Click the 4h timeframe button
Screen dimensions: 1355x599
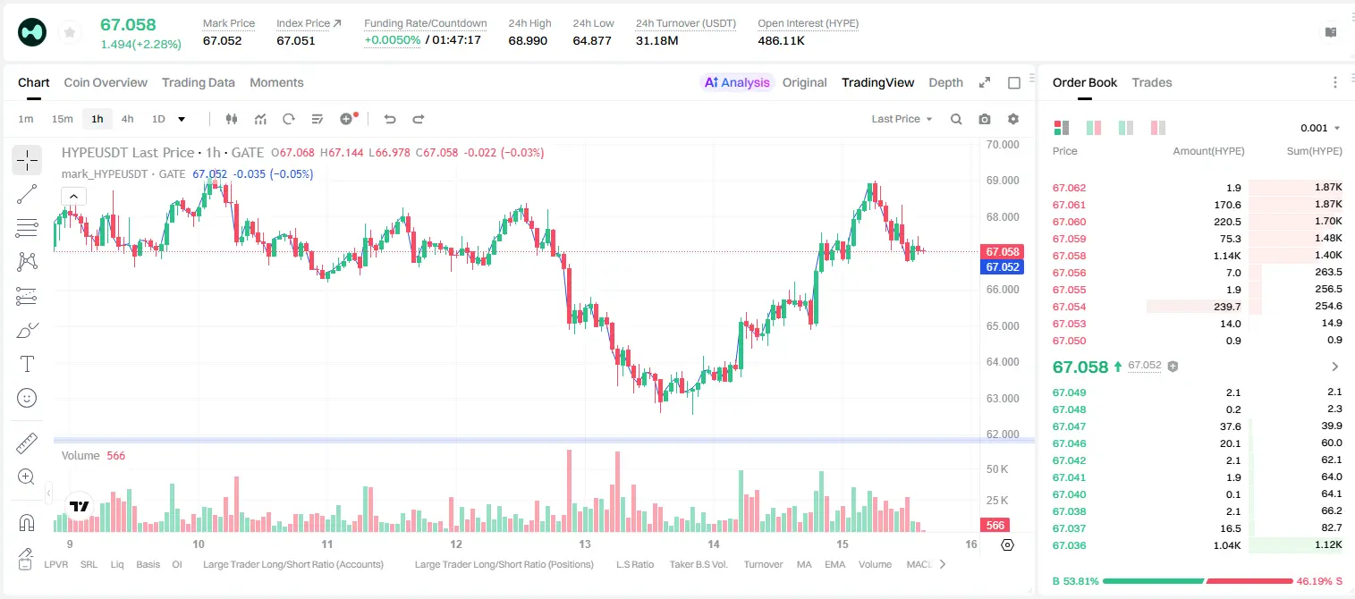[x=127, y=119]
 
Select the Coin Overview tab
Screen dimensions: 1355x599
[x=106, y=82]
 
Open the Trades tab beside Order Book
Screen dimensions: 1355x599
[x=1152, y=82]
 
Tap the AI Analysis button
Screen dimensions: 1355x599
[x=737, y=82]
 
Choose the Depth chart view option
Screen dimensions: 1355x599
[x=945, y=82]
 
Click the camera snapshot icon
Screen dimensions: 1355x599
[x=985, y=119]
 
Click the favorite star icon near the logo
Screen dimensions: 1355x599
[x=70, y=32]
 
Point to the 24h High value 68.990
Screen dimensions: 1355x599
[x=528, y=40]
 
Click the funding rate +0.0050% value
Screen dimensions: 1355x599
[x=392, y=40]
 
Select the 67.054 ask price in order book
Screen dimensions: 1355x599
[x=1069, y=307]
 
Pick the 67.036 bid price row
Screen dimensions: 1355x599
[x=1069, y=545]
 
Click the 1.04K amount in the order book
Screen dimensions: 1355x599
[x=1227, y=545]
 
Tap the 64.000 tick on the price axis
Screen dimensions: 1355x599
[x=1003, y=362]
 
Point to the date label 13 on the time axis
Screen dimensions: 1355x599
[x=584, y=544]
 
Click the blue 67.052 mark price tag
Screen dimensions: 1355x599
[x=1003, y=267]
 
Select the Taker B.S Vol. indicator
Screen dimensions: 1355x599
[x=699, y=564]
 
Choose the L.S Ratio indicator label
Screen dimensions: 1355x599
[x=635, y=564]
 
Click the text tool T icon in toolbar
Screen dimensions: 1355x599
[x=27, y=364]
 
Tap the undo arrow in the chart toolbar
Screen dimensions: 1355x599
[x=390, y=119]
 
